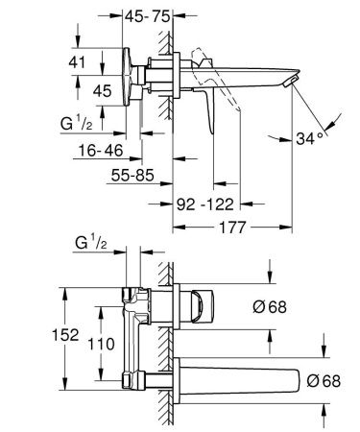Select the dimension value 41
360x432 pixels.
tap(85, 62)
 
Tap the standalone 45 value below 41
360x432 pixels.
tap(100, 91)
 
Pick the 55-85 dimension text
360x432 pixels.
tap(132, 179)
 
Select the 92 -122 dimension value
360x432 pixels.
tap(209, 204)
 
